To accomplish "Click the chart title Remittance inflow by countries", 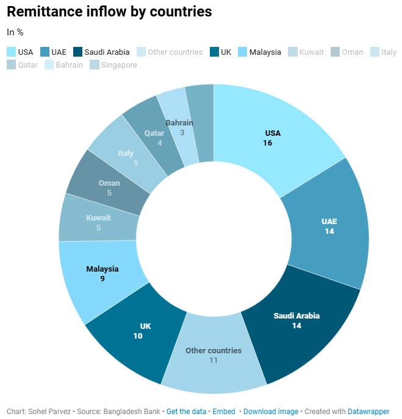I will [x=109, y=12].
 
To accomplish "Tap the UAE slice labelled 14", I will [x=329, y=226].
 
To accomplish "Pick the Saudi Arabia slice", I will [x=296, y=320].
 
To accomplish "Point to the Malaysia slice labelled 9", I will [x=102, y=273].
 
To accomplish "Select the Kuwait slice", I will [x=98, y=222].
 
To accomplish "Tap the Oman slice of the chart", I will [x=109, y=188].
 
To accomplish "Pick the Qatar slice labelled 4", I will [x=155, y=138].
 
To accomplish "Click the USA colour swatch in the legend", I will [x=11, y=52].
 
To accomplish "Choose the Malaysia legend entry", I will [x=264, y=52].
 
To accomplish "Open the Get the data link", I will [x=186, y=412].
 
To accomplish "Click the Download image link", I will [x=271, y=412].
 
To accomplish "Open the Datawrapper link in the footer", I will [x=368, y=412].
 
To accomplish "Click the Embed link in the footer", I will [x=224, y=412].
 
